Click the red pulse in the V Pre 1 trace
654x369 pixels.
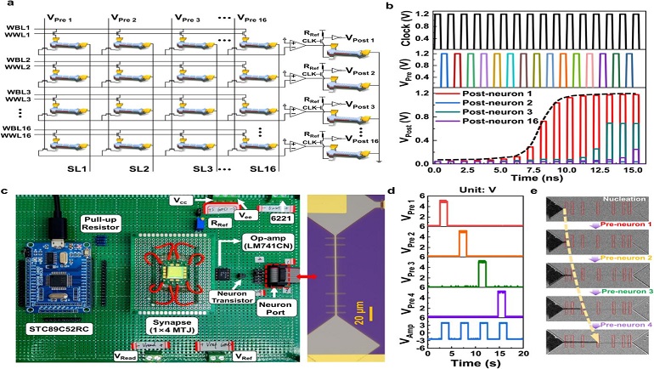click(x=443, y=213)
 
